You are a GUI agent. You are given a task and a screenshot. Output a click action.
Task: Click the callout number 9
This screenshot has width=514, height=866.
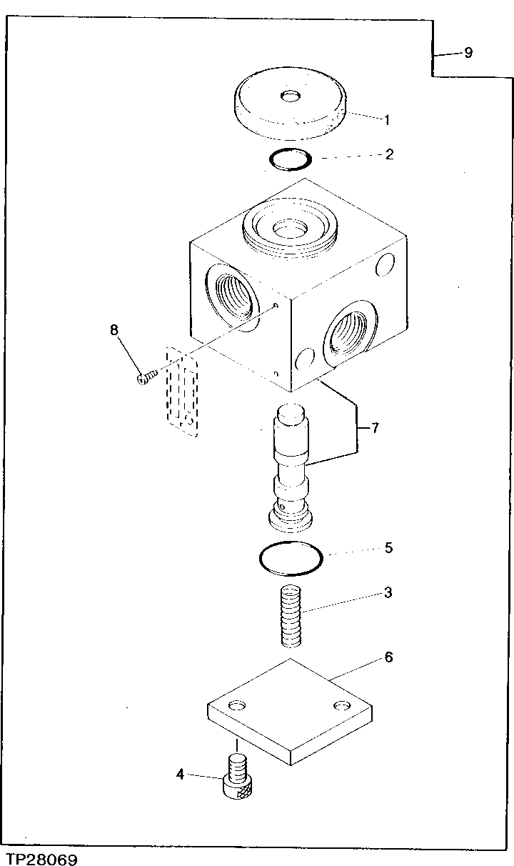click(468, 53)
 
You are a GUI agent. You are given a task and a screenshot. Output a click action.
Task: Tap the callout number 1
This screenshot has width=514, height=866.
click(388, 119)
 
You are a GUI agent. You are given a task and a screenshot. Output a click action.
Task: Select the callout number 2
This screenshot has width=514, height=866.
click(389, 154)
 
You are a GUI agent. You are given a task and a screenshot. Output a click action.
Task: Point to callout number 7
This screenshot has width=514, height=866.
click(375, 429)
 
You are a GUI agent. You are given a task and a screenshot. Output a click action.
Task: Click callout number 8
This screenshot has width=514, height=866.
click(114, 330)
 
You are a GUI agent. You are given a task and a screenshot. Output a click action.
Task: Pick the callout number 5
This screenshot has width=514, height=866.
click(388, 548)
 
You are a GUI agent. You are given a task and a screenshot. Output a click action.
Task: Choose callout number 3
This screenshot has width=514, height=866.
click(388, 592)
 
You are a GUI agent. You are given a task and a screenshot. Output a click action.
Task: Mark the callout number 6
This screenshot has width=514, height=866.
click(388, 657)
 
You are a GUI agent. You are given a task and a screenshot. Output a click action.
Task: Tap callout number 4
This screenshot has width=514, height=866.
click(180, 773)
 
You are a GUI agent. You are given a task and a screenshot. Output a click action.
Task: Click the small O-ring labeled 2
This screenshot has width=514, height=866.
click(291, 159)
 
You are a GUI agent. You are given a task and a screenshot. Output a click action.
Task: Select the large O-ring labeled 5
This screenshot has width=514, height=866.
click(290, 557)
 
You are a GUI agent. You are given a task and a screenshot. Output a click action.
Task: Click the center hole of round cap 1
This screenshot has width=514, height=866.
click(291, 96)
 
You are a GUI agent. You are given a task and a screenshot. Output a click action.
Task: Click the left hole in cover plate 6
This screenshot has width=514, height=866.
click(237, 705)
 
